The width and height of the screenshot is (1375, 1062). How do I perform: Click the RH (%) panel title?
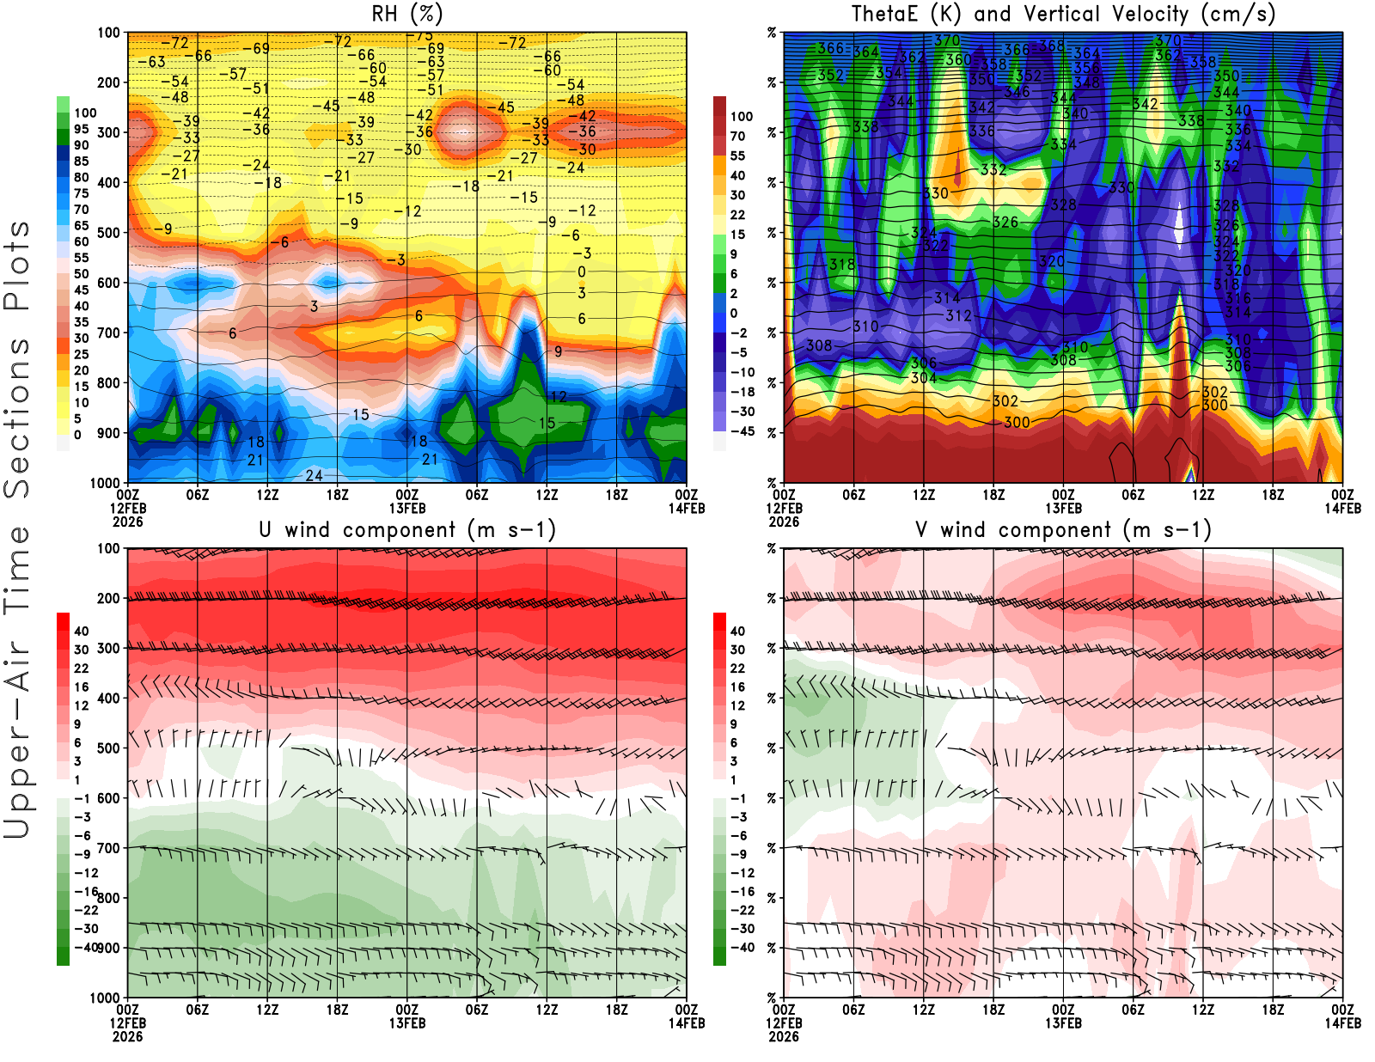[406, 14]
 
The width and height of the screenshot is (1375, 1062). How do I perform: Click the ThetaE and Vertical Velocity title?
[1063, 14]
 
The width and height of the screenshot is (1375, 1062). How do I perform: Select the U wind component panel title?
[406, 529]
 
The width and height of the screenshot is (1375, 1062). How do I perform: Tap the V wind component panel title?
[1063, 529]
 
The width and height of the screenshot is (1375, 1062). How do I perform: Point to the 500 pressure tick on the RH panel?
[109, 232]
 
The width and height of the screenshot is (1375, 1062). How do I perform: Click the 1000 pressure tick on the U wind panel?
[105, 998]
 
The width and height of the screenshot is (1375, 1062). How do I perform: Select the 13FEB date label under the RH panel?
[407, 508]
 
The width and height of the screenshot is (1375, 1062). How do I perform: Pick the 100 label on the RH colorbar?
[85, 113]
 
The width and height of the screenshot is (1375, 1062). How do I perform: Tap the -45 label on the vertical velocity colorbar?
[742, 431]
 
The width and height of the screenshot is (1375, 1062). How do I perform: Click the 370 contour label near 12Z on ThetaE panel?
[946, 40]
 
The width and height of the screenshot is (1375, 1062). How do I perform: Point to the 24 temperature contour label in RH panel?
[315, 475]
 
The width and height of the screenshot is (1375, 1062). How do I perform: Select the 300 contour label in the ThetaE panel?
[1017, 422]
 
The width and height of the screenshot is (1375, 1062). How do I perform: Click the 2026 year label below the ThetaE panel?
[784, 522]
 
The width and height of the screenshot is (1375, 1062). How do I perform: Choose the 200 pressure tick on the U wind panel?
[109, 598]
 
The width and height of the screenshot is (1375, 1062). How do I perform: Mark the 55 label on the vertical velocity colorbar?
[737, 156]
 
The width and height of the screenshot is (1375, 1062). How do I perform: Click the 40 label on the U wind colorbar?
[82, 631]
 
